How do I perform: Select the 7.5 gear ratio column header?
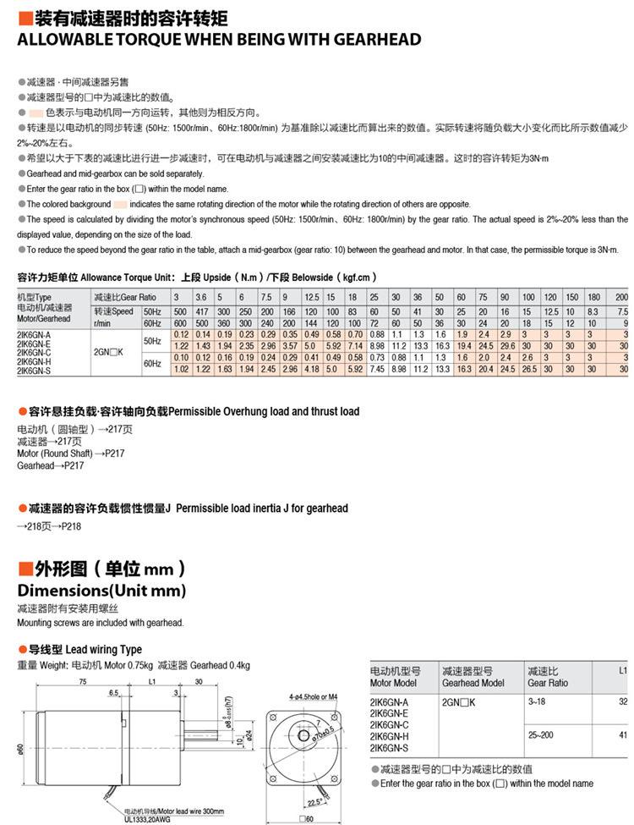tap(265, 298)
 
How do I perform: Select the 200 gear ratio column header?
tap(621, 298)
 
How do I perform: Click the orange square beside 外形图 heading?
tap(24, 569)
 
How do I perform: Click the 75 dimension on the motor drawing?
tap(83, 680)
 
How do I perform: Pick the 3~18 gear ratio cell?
tap(537, 702)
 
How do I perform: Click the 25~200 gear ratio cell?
tap(540, 734)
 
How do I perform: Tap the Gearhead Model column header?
tap(473, 682)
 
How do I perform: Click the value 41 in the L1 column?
tap(623, 734)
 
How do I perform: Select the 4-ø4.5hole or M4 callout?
tap(313, 696)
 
